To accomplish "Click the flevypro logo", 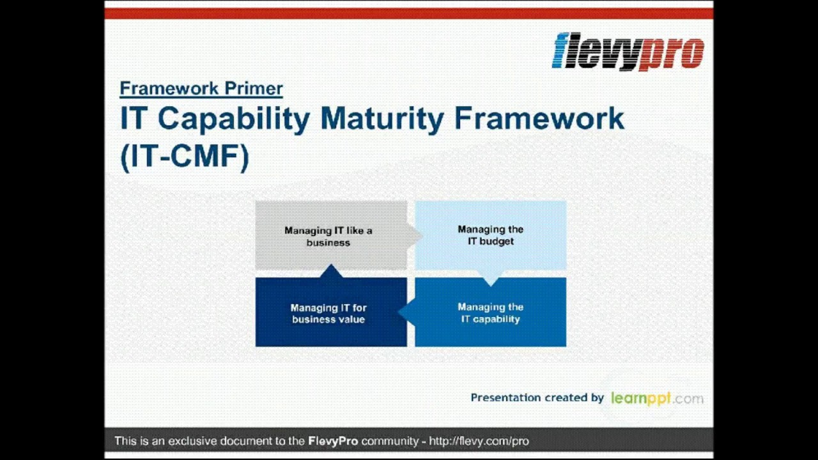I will click(628, 51).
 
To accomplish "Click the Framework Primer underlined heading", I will click(201, 88).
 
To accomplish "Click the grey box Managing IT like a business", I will click(328, 236).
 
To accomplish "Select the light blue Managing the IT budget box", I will click(490, 235).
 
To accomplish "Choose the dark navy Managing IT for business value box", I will click(328, 313).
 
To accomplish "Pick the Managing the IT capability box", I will click(490, 313).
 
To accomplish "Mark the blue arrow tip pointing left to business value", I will click(404, 312).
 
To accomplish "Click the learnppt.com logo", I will click(656, 398).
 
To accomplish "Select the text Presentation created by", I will click(537, 397).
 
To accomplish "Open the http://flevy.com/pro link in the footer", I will click(479, 441).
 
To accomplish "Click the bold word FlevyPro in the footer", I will click(333, 441).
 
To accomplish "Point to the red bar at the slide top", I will click(409, 13).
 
